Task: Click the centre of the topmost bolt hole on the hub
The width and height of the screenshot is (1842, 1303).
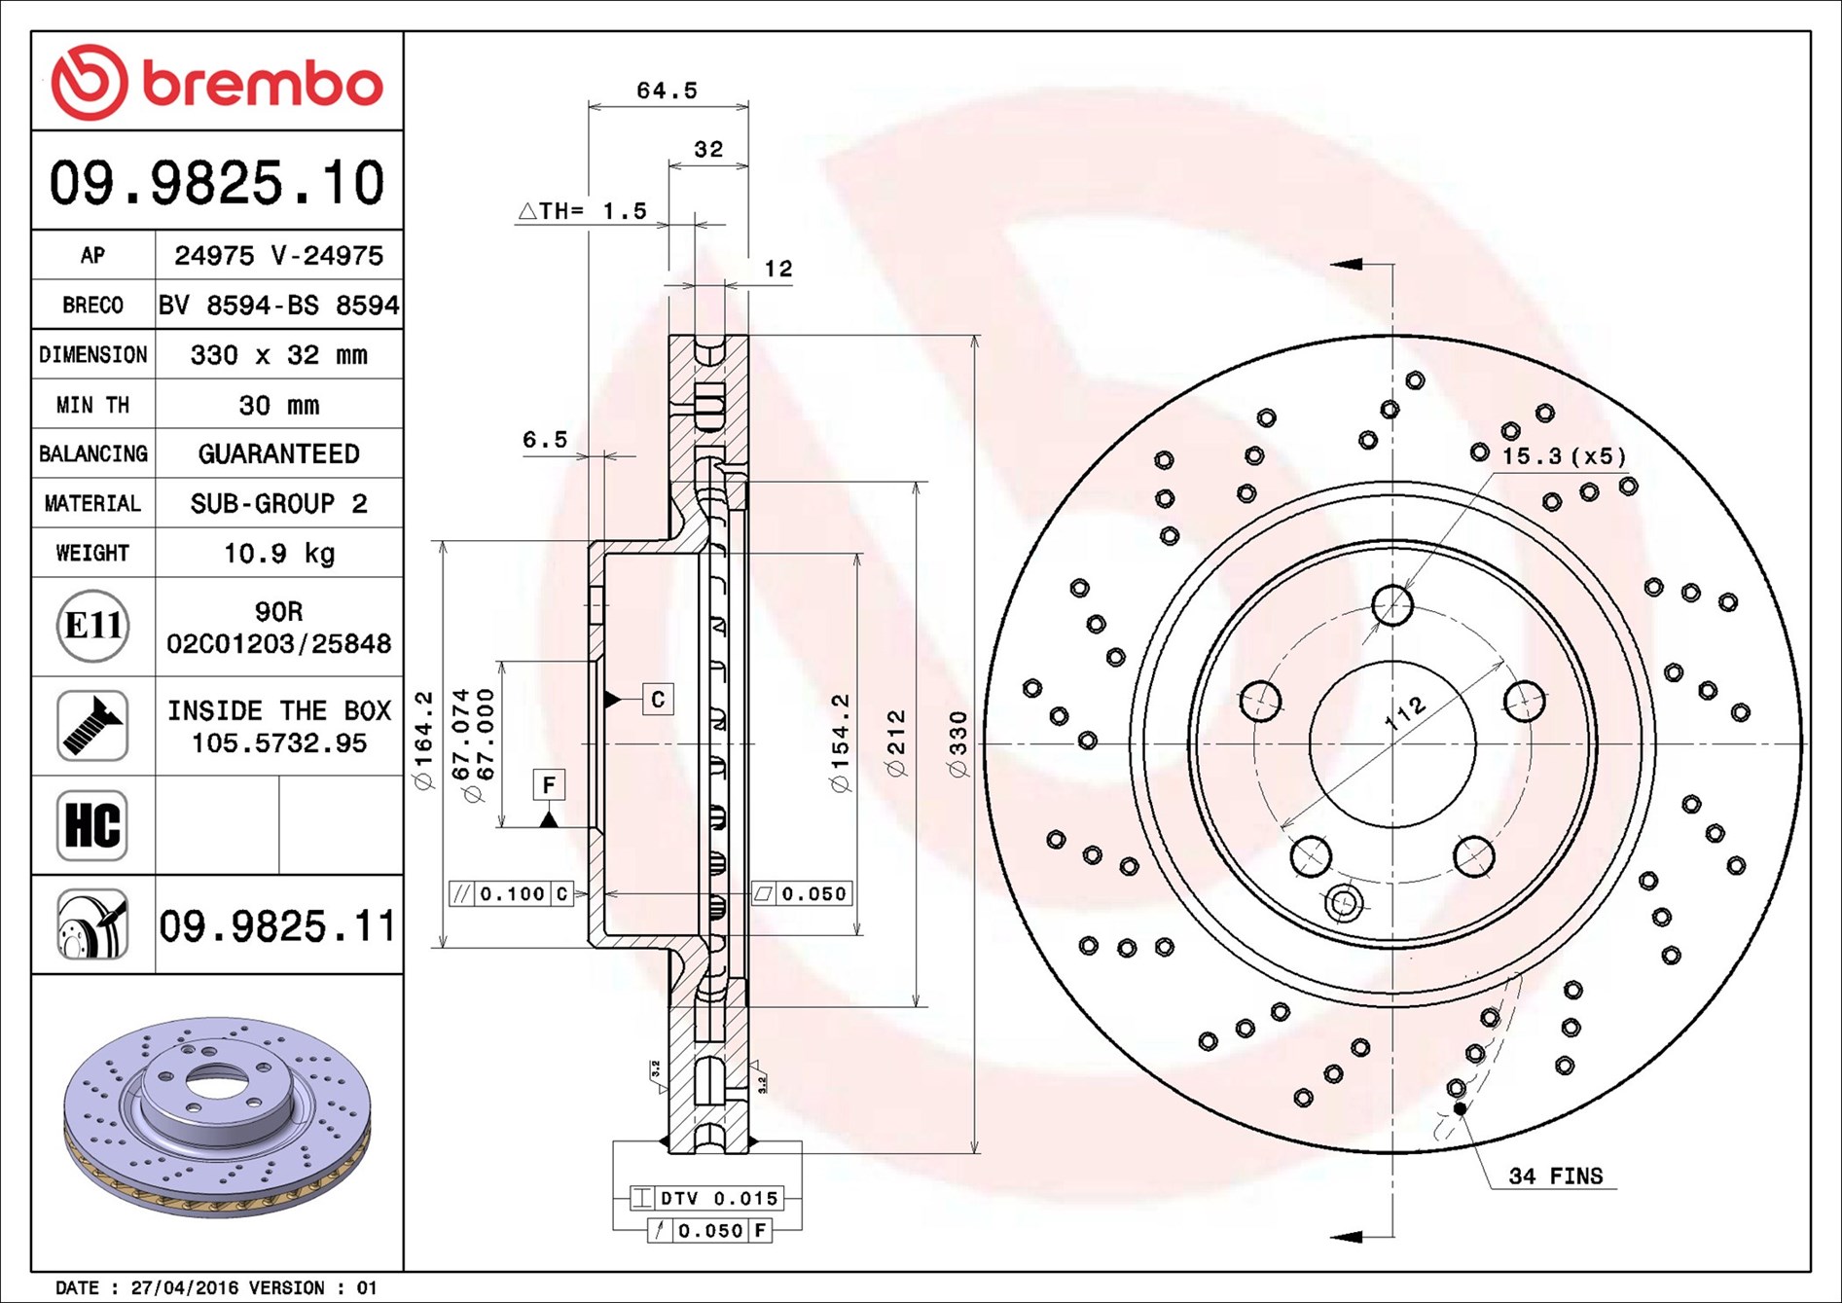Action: tap(1392, 604)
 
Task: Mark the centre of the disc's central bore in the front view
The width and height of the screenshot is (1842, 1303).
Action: tap(1392, 744)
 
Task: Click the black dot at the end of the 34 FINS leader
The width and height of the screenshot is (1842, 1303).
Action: tap(1460, 1108)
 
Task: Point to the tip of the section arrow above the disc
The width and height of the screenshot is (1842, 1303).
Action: tap(1330, 264)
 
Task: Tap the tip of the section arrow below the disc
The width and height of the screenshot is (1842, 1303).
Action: tap(1330, 1237)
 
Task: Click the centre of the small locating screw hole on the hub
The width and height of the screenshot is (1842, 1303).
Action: tap(1344, 903)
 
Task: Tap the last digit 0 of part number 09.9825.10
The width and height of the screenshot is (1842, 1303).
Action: tap(368, 183)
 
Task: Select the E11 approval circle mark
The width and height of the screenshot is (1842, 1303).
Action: tap(92, 626)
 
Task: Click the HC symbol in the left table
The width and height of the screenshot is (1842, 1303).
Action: tap(92, 825)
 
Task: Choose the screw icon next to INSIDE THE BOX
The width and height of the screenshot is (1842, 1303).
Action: tap(92, 726)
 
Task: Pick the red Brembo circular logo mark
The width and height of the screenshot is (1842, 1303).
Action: tap(90, 82)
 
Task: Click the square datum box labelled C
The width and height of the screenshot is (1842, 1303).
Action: tap(658, 699)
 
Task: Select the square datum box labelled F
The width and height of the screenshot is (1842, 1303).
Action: tap(549, 784)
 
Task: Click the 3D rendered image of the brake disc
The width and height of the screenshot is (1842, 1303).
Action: tap(217, 1116)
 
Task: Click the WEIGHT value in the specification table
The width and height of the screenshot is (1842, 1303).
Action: tap(279, 553)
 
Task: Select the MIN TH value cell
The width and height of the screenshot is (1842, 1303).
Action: tap(279, 404)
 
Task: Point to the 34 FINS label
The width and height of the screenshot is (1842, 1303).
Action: tap(1555, 1176)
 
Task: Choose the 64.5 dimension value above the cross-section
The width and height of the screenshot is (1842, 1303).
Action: tap(668, 90)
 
